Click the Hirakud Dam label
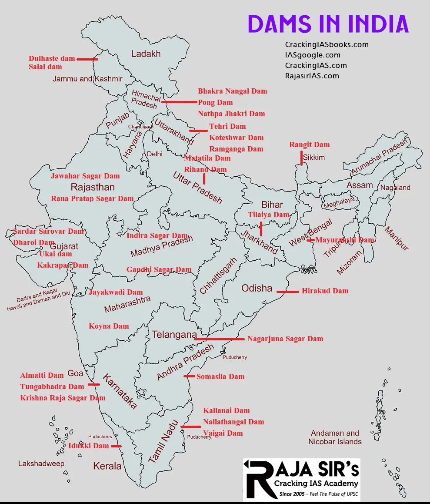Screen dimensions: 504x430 pyautogui.click(x=325, y=291)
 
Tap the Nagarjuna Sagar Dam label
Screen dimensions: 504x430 pyautogui.click(x=285, y=339)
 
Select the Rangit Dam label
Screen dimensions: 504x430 pyautogui.click(x=310, y=144)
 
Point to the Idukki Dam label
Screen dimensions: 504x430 pyautogui.click(x=88, y=446)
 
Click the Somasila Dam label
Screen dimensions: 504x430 pyautogui.click(x=220, y=376)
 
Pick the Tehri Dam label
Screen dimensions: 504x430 pyautogui.click(x=227, y=126)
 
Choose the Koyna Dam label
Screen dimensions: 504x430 pyautogui.click(x=109, y=326)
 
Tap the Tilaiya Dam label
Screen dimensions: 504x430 pyautogui.click(x=269, y=215)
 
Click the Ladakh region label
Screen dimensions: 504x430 pyautogui.click(x=146, y=54)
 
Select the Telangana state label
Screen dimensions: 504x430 pyautogui.click(x=174, y=335)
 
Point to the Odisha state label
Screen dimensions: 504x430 pyautogui.click(x=257, y=288)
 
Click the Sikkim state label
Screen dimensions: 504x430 pyautogui.click(x=314, y=158)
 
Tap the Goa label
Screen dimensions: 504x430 pyautogui.click(x=75, y=373)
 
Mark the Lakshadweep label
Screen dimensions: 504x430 pyautogui.click(x=41, y=464)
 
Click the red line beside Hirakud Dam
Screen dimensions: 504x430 pyautogui.click(x=288, y=292)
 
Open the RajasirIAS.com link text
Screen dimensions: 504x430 pyautogui.click(x=312, y=76)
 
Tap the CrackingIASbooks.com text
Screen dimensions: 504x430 pyautogui.click(x=327, y=44)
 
